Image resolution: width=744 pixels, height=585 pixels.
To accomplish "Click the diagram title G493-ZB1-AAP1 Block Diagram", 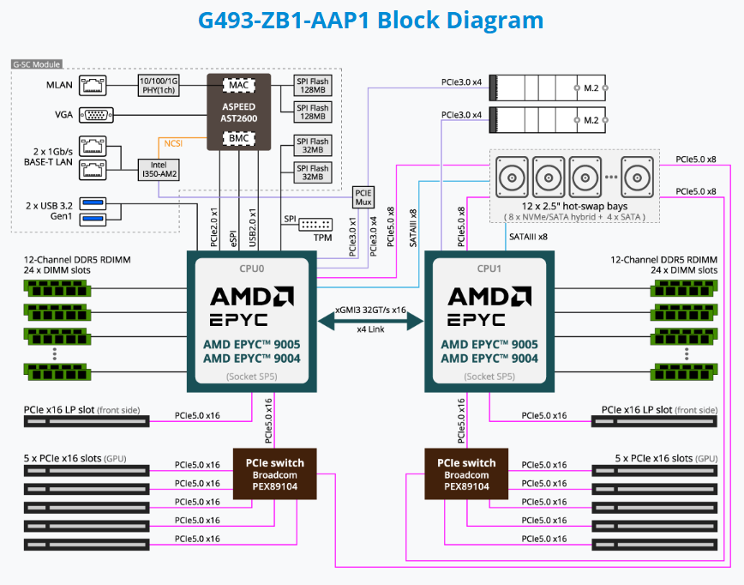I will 370,21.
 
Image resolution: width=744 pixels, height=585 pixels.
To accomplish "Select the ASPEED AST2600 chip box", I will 238,111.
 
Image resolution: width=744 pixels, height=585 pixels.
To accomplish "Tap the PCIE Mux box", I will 364,197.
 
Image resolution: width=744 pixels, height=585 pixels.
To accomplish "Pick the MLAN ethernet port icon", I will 92,83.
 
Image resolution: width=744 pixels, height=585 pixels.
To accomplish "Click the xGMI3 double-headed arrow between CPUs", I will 370,320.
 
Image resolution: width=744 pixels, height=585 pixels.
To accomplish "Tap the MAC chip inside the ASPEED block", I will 237,85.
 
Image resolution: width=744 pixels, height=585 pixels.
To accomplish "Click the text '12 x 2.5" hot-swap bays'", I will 574,206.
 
